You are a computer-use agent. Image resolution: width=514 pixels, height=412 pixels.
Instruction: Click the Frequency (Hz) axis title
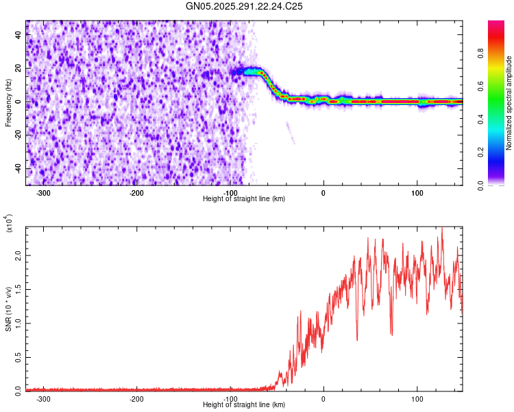click(8, 103)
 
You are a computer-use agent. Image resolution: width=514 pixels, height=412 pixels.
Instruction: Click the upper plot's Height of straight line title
click(244, 198)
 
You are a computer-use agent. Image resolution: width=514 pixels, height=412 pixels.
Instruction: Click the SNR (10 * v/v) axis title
click(8, 309)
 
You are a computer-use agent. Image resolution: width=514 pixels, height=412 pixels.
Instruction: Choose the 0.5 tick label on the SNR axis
click(18, 356)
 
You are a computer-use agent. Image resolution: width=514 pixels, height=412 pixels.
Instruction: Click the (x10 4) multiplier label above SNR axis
click(9, 225)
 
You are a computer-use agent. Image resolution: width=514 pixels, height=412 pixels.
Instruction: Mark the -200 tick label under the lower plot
click(136, 398)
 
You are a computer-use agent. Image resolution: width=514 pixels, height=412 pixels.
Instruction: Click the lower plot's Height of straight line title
click(244, 405)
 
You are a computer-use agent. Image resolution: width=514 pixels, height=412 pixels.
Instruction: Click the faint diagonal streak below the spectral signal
click(290, 132)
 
